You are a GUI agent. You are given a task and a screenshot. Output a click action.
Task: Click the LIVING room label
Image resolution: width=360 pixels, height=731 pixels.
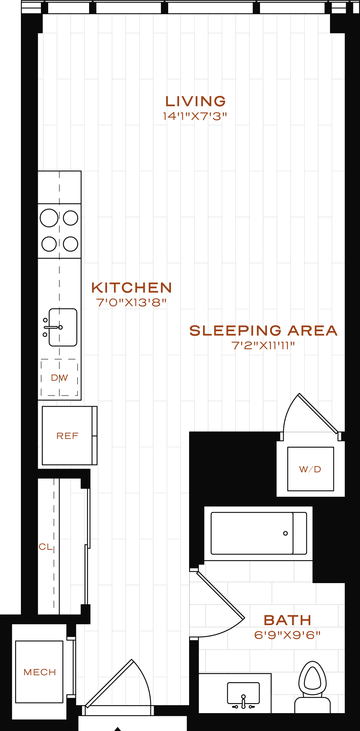pos(195,101)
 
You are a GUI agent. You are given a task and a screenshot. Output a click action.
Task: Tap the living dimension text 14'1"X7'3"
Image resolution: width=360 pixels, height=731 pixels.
pos(195,116)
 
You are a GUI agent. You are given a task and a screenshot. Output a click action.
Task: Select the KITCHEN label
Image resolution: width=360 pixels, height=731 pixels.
pos(132,288)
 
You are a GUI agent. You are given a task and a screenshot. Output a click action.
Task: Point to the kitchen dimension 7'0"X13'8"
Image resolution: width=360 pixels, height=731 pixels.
pos(131,302)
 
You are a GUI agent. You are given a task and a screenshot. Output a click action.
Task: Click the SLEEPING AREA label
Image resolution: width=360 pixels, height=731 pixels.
pos(263,331)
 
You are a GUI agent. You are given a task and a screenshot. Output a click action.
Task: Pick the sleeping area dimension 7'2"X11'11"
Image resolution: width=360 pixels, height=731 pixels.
pos(263,345)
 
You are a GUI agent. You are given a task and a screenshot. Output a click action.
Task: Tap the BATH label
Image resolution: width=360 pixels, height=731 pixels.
pos(288,620)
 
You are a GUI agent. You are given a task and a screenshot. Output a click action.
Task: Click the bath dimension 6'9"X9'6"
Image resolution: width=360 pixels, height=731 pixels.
pos(287,635)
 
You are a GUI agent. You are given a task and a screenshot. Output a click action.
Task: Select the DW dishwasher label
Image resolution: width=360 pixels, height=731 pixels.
pos(59,378)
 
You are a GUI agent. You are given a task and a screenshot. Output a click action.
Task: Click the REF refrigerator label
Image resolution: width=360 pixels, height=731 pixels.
pos(67,436)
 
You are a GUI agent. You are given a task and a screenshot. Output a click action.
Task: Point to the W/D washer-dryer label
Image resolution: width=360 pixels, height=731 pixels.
pos(310,469)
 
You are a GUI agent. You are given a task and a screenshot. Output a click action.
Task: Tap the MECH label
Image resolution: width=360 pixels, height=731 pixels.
pos(40,672)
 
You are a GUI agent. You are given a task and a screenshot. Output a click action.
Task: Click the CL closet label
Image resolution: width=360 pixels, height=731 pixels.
pos(45,546)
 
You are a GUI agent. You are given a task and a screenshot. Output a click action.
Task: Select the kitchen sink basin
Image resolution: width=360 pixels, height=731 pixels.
pos(63,327)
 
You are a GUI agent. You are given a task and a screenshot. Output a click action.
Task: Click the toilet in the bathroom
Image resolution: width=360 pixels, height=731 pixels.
pos(312,687)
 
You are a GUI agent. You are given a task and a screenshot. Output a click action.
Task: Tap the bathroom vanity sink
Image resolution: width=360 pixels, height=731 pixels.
pos(243,693)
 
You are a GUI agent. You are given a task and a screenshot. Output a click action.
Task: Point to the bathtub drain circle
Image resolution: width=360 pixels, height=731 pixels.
pos(285,533)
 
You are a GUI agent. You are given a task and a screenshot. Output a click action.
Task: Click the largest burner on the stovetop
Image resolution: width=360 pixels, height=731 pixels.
pos(49,218)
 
